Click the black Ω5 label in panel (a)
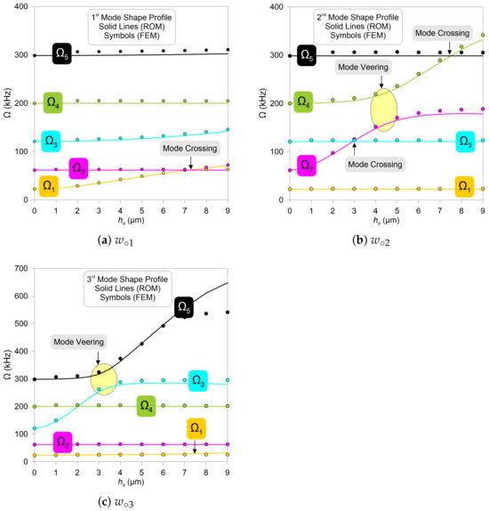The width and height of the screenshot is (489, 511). click(x=63, y=53)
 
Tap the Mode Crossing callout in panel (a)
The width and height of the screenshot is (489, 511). click(x=190, y=149)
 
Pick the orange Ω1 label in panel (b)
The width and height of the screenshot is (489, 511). click(x=464, y=186)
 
